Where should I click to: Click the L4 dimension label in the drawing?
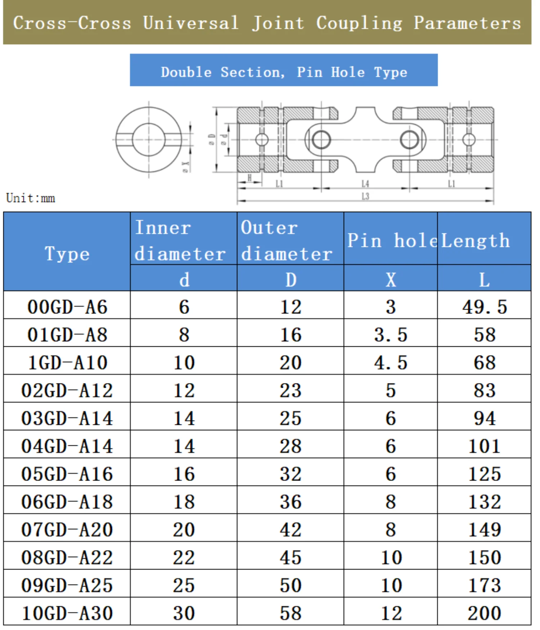[x=365, y=184]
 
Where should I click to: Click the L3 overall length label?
[x=365, y=196]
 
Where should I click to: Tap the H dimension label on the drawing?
[x=249, y=178]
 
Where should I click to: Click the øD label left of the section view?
[x=212, y=140]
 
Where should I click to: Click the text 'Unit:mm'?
[x=31, y=198]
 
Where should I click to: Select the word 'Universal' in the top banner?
[x=191, y=23]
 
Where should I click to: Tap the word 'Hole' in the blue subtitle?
[x=348, y=72]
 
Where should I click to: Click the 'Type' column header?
[x=67, y=253]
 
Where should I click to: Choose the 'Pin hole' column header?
[x=391, y=240]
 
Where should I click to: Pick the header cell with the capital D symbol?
[x=291, y=280]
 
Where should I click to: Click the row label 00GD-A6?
[x=67, y=307]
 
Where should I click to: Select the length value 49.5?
[x=485, y=307]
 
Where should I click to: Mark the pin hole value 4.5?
[x=391, y=363]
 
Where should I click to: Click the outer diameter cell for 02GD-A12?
[x=291, y=391]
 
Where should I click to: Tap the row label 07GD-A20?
[x=67, y=530]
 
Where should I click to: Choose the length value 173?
[x=485, y=586]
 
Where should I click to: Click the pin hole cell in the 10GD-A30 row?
[x=391, y=613]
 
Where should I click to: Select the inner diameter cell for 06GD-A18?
[x=184, y=502]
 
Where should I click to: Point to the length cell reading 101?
[x=485, y=446]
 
